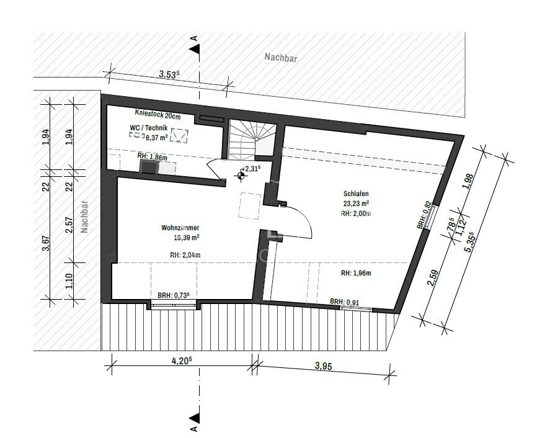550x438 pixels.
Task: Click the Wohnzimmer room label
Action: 179,228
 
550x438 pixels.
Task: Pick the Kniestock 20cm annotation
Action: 157,114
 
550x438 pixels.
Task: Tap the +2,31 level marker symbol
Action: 241,176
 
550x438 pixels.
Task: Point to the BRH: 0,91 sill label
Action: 344,302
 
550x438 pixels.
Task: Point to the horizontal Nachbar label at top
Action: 280,58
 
